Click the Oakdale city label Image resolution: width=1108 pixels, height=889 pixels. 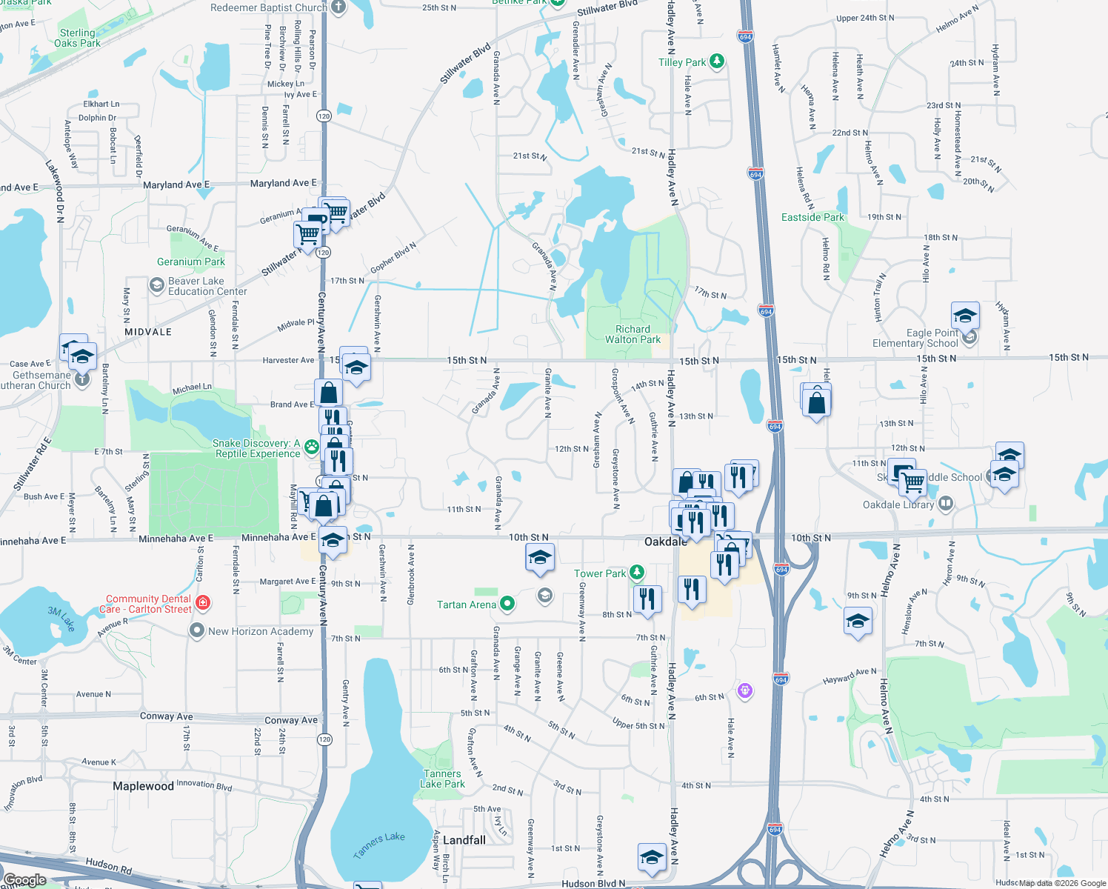pyautogui.click(x=665, y=542)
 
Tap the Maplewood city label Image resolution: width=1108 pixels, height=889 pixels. pyautogui.click(x=143, y=786)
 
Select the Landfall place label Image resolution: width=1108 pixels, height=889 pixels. pyautogui.click(x=464, y=840)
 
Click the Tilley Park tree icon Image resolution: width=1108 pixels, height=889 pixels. pyautogui.click(x=716, y=61)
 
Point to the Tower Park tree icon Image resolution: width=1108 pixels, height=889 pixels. pyautogui.click(x=636, y=573)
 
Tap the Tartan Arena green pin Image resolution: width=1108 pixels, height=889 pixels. pyautogui.click(x=507, y=604)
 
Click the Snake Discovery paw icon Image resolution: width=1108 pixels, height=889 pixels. pyautogui.click(x=312, y=447)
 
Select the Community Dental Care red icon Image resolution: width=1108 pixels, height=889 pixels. pyautogui.click(x=204, y=603)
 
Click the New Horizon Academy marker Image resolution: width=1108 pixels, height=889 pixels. pyautogui.click(x=196, y=631)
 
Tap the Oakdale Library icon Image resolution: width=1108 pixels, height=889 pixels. pyautogui.click(x=945, y=504)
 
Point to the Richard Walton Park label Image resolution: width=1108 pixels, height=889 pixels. pyautogui.click(x=633, y=334)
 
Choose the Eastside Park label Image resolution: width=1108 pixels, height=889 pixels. pyautogui.click(x=812, y=217)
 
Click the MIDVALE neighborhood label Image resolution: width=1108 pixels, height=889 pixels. pyautogui.click(x=148, y=332)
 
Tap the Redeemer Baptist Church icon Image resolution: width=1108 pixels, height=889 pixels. pyautogui.click(x=338, y=7)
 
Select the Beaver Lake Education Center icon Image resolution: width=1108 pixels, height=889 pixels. pyautogui.click(x=156, y=285)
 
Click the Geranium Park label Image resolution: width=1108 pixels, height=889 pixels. pyautogui.click(x=191, y=262)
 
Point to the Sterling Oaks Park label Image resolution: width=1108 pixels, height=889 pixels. pyautogui.click(x=77, y=38)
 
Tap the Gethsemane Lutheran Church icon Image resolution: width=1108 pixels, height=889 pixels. pyautogui.click(x=82, y=379)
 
